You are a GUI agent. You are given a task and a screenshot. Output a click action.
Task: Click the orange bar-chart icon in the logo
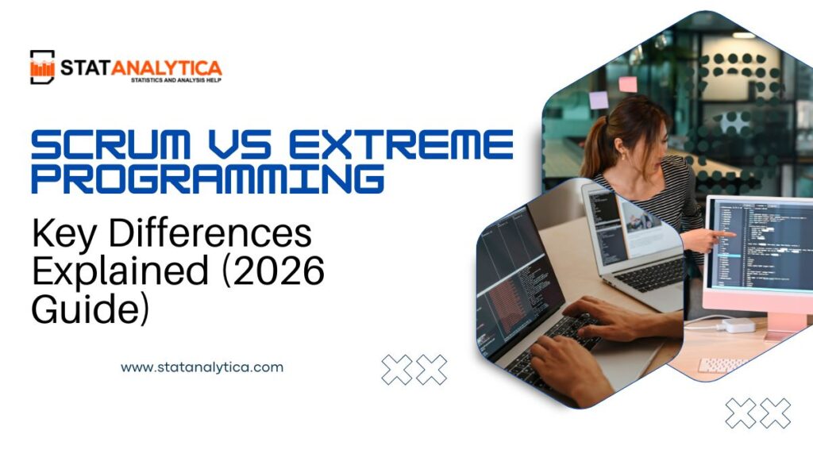[x=42, y=67]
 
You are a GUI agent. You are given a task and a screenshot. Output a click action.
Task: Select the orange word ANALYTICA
[x=166, y=69]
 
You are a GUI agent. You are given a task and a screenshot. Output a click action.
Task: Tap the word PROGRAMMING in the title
[x=207, y=179]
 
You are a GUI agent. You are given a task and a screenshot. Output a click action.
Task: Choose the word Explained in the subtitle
[x=110, y=272]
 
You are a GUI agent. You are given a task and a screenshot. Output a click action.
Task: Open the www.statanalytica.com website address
[x=202, y=367]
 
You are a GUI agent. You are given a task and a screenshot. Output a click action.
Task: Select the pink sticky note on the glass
[x=628, y=83]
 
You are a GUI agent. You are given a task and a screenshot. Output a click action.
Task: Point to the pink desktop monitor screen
[x=758, y=246]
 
